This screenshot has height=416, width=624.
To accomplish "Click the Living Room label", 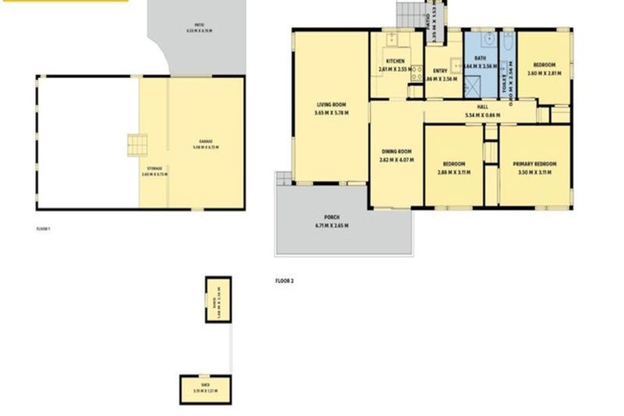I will click(331, 104).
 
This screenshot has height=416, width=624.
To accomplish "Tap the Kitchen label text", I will click(395, 62).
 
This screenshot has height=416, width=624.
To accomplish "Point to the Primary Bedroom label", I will click(533, 165).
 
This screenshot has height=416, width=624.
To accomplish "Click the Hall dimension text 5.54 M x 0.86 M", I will click(482, 115).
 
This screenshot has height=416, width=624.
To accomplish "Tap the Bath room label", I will click(480, 58).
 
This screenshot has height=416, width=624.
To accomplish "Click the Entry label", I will click(440, 71).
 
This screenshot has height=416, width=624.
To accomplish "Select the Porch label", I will click(331, 217).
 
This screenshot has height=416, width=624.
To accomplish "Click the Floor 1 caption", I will click(44, 230).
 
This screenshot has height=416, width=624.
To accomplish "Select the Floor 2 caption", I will click(284, 280).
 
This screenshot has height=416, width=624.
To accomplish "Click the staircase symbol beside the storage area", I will click(137, 145).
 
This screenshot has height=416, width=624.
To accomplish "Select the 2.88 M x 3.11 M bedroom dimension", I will click(454, 172).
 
